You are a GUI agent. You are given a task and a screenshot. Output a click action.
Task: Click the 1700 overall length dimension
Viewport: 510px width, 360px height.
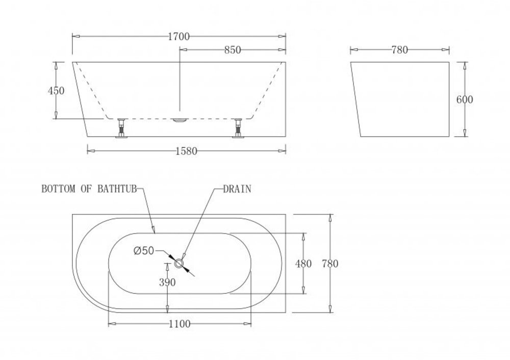178,36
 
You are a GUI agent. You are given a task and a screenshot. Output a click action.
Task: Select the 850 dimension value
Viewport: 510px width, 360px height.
233,50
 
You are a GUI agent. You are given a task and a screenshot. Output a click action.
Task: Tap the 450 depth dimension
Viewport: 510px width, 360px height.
56,91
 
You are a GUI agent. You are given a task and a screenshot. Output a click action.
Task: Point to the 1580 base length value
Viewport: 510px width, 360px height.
186,151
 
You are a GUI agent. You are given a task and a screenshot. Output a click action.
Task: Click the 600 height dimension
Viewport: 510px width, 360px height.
465,99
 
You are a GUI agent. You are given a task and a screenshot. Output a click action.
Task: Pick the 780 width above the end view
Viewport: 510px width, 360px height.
399,50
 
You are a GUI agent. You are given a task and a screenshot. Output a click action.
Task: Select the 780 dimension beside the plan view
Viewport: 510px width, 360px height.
330,264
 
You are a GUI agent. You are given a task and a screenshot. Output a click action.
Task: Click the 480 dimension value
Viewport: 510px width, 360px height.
303,264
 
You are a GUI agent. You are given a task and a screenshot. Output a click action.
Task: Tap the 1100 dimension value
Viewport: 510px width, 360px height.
180,324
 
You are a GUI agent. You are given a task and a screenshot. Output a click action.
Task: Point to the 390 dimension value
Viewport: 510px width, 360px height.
167,282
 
